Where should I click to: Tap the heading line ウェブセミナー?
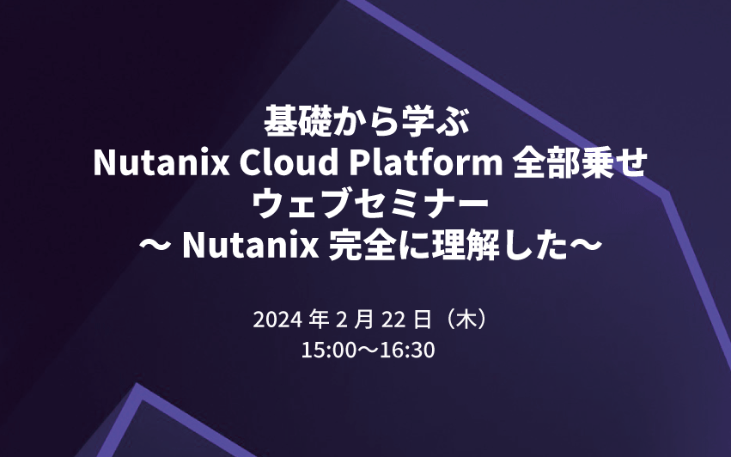[x=365, y=205]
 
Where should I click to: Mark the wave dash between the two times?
[x=365, y=351]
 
